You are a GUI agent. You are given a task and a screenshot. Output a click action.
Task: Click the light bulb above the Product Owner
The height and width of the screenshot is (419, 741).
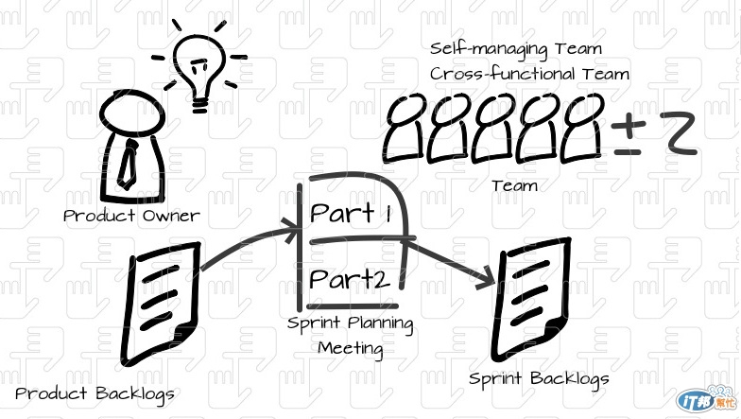(199, 69)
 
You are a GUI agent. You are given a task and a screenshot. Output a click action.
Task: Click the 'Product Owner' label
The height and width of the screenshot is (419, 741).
(131, 216)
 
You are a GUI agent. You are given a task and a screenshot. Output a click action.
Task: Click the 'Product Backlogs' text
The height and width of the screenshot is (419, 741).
(95, 393)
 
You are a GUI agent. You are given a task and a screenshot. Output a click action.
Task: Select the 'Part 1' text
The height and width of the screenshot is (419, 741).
(351, 214)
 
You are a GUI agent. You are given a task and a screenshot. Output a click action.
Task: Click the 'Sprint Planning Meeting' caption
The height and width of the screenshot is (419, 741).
(350, 335)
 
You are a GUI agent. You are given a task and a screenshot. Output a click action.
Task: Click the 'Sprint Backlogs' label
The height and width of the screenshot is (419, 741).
(540, 378)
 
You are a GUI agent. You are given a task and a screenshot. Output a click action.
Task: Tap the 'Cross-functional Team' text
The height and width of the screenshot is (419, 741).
(529, 74)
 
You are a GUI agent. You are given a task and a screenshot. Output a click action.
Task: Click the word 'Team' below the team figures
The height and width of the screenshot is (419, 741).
(514, 185)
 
